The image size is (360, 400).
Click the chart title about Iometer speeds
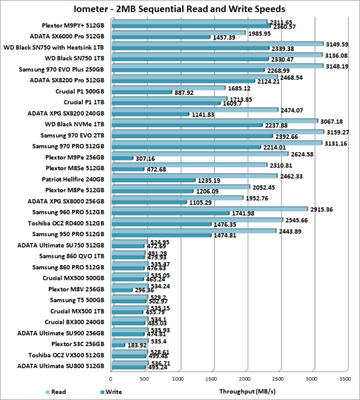point(179,9)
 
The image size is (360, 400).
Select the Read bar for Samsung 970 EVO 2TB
point(216,133)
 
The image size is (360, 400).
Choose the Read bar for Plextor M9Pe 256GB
point(199,154)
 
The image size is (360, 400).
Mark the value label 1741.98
point(243,213)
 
